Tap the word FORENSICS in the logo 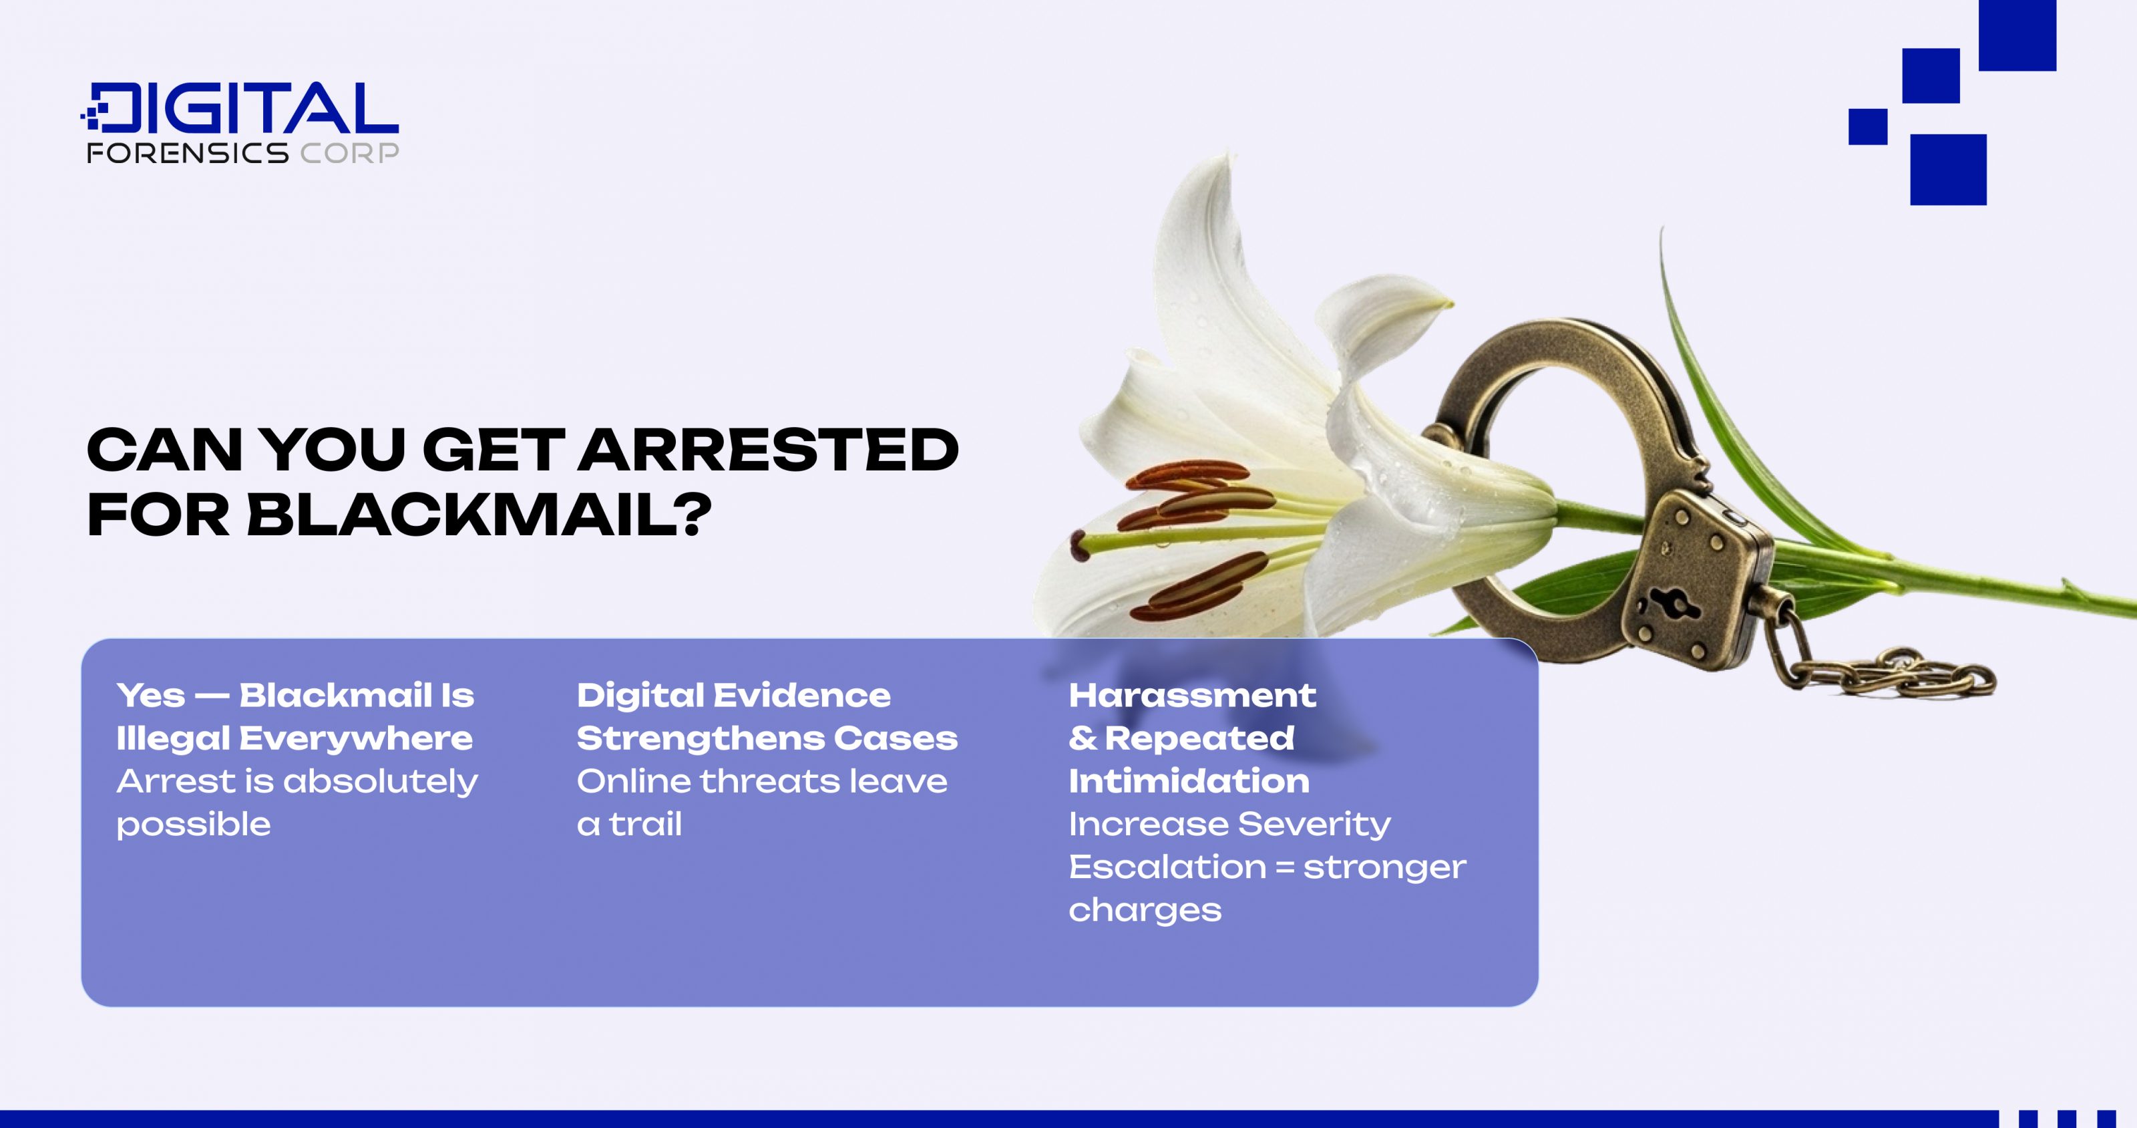[188, 153]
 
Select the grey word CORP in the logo [349, 153]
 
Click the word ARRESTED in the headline [767, 450]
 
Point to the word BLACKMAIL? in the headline [479, 515]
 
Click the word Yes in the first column [151, 696]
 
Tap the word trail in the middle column [645, 824]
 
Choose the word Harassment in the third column [1192, 696]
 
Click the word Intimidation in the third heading [1189, 781]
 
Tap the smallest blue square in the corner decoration [1867, 127]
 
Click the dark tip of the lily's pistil [1079, 545]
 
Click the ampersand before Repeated [1083, 738]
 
